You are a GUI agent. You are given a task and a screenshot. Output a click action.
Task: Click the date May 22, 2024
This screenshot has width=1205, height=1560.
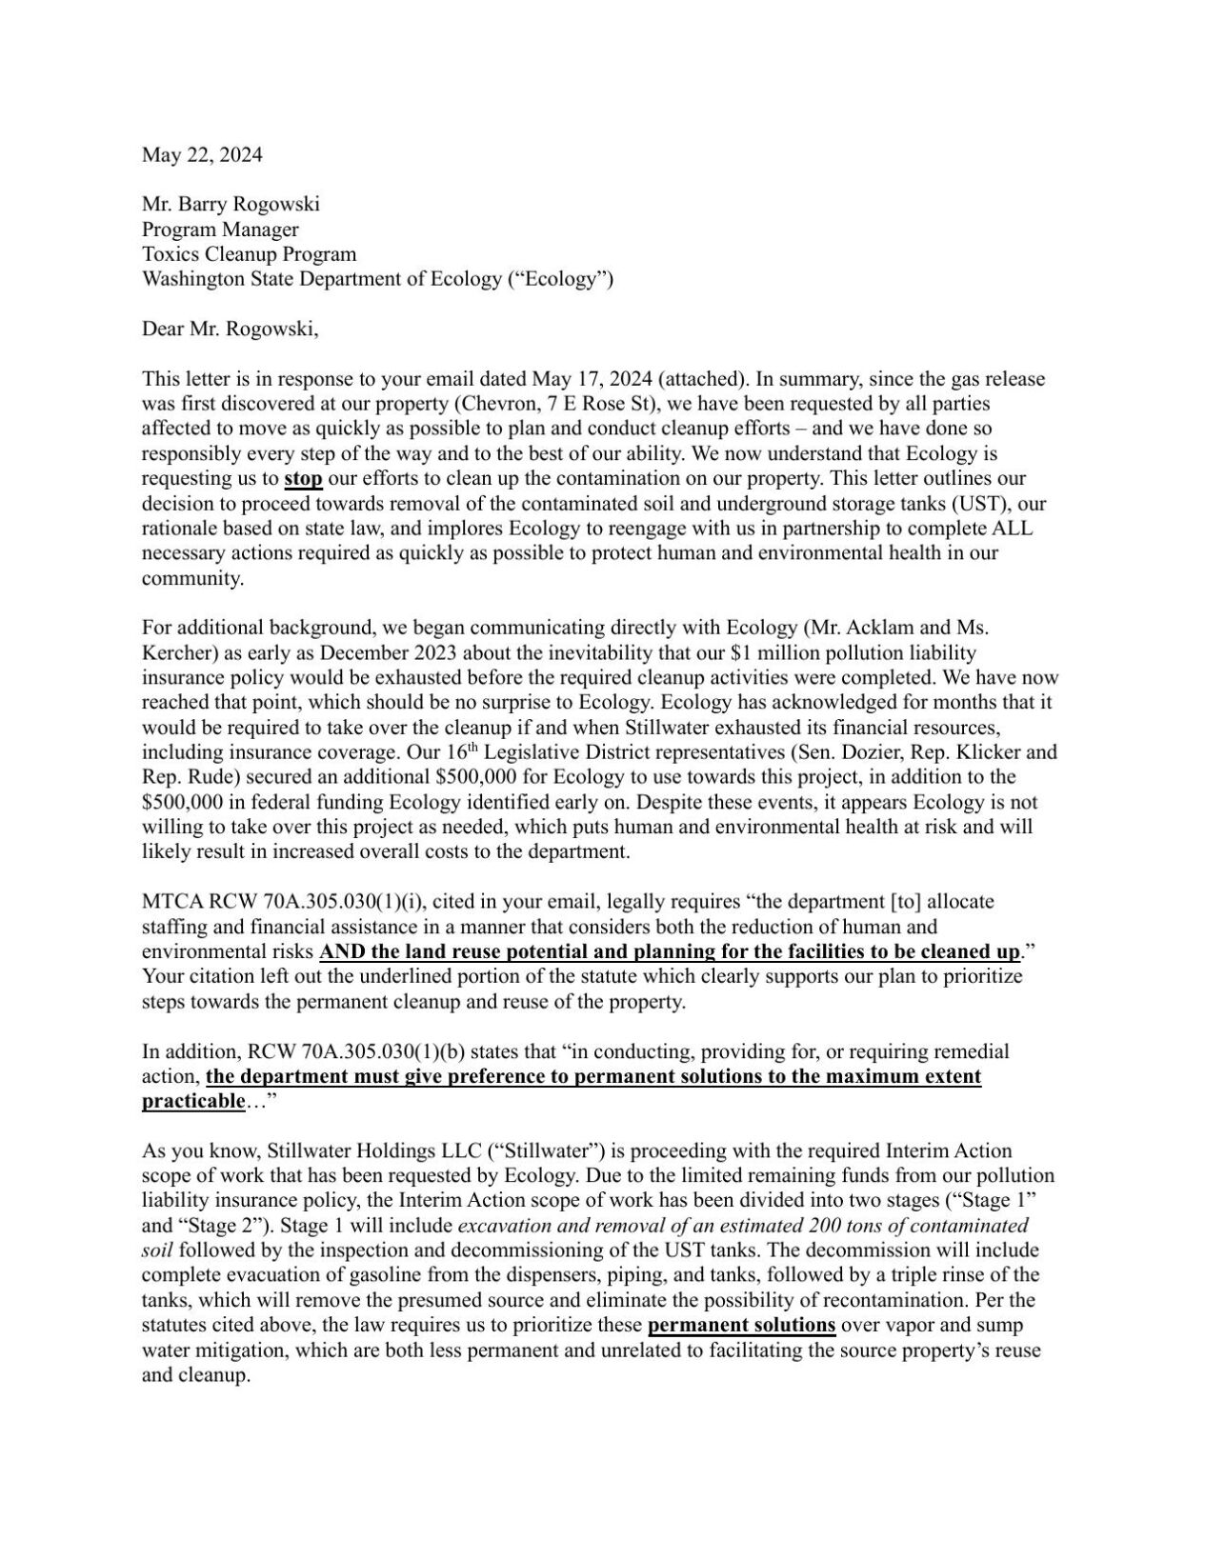pyautogui.click(x=202, y=154)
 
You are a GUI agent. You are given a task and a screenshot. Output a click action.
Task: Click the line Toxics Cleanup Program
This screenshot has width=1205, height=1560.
pyautogui.click(x=249, y=254)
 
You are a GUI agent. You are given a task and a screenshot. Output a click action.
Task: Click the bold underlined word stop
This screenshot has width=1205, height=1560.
pyautogui.click(x=303, y=478)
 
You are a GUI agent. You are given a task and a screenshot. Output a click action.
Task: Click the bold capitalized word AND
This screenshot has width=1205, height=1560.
pyautogui.click(x=340, y=951)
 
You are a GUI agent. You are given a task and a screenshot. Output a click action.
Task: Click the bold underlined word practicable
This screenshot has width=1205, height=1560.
pyautogui.click(x=192, y=1101)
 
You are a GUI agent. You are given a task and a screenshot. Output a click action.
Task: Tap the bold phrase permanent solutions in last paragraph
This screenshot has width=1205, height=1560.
pyautogui.click(x=741, y=1325)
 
